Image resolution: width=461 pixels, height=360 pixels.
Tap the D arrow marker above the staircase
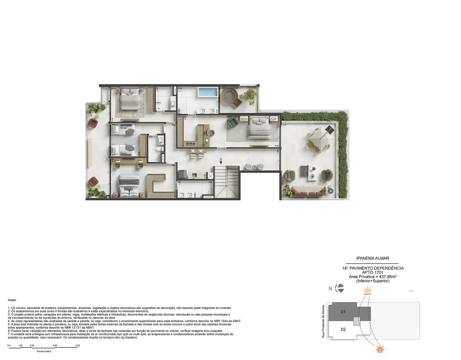click(x=221, y=161)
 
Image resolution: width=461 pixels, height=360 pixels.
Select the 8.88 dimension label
click(x=277, y=146)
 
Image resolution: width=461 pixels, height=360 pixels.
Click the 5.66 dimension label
click(x=173, y=165)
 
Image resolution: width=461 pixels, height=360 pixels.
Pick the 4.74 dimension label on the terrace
click(x=284, y=125)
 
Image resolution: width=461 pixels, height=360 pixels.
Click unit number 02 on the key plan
click(x=343, y=329)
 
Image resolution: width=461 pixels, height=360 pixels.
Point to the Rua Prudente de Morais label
click(x=323, y=321)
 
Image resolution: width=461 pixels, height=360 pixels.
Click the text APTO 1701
click(x=373, y=272)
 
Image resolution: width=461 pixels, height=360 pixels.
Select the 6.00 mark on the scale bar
click(x=78, y=345)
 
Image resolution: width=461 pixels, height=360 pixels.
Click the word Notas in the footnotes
click(x=12, y=300)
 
